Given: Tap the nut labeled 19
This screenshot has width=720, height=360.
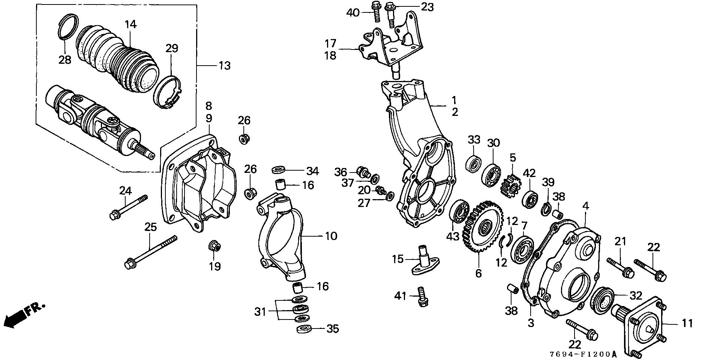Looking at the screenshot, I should pos(214,246).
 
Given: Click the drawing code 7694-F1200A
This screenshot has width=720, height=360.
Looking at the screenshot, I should pos(583,354).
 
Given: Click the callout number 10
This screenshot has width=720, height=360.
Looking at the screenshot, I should pos(331,236).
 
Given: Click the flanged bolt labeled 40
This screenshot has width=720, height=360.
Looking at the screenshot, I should pos(376,11).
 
